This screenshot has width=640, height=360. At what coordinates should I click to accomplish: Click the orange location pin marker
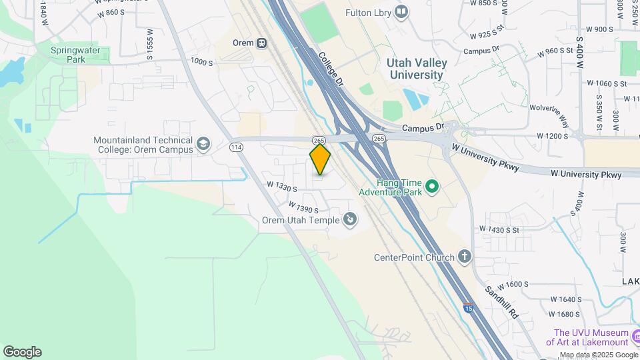point(320,159)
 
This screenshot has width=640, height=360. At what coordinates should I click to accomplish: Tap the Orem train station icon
point(262,43)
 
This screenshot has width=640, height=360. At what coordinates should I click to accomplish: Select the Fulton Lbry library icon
point(401,12)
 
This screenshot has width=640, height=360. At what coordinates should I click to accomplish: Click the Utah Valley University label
point(417,69)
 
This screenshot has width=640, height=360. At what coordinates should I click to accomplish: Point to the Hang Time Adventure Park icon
point(431,186)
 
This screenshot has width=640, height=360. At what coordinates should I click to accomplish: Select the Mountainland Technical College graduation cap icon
point(203,143)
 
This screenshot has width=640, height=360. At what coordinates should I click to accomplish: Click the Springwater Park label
point(69,54)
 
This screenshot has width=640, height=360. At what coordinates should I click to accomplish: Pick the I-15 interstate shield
point(469,309)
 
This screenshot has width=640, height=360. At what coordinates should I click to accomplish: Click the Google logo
point(22,352)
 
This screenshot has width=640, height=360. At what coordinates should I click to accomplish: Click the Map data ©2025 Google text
point(599,355)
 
